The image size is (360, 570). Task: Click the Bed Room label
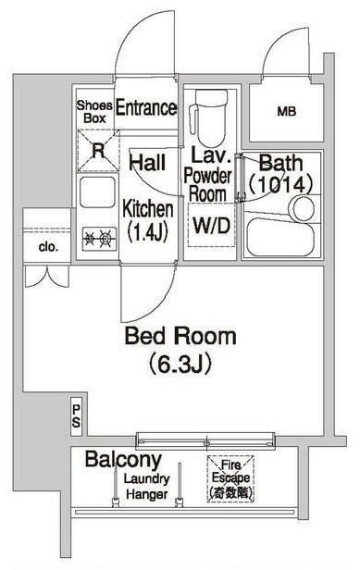pos(181,336)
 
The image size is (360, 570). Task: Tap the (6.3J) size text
pos(181,364)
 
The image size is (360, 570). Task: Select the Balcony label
pos(123,459)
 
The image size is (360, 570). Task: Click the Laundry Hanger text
pos(147,488)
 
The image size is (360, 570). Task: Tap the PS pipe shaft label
pos(77,417)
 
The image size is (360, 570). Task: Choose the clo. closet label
pos(48,247)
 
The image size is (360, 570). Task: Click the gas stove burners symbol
pos(98,240)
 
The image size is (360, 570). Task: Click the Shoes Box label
pos(93,112)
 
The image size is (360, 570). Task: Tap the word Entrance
pos(146,107)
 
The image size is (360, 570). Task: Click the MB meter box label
pos(287,113)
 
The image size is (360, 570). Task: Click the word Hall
pos(147,163)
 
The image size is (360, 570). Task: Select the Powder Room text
pos(207,185)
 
